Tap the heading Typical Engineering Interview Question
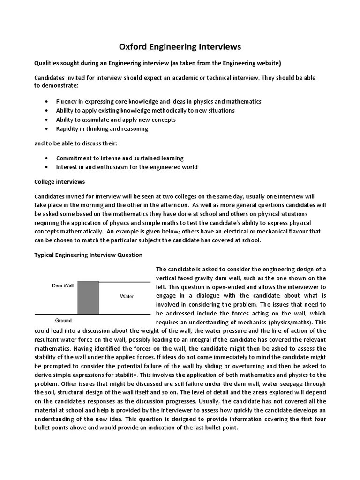pos(89,255)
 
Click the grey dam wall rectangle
pos(88,297)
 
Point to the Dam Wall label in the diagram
pos(62,285)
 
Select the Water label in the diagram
pos(127,296)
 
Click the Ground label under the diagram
pos(63,321)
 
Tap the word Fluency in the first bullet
pos(66,101)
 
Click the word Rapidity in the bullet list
pos(67,128)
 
